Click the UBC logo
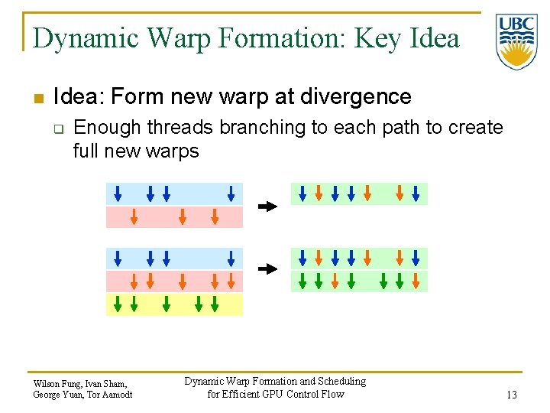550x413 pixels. point(516,41)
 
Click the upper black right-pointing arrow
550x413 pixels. point(267,206)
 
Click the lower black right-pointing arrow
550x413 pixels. point(267,269)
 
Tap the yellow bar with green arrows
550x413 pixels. point(174,304)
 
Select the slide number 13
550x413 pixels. point(511,395)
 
